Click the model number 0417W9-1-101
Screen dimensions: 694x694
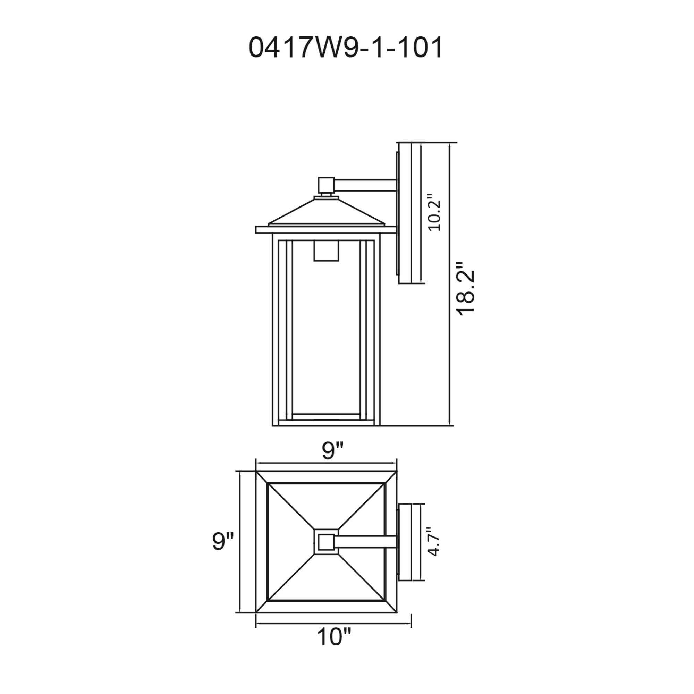[346, 49]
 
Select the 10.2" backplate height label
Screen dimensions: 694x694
[434, 212]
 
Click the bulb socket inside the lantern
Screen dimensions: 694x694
[326, 251]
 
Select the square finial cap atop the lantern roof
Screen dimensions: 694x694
[326, 185]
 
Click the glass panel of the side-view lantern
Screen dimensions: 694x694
[326, 334]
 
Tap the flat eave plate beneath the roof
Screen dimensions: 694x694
[326, 230]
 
